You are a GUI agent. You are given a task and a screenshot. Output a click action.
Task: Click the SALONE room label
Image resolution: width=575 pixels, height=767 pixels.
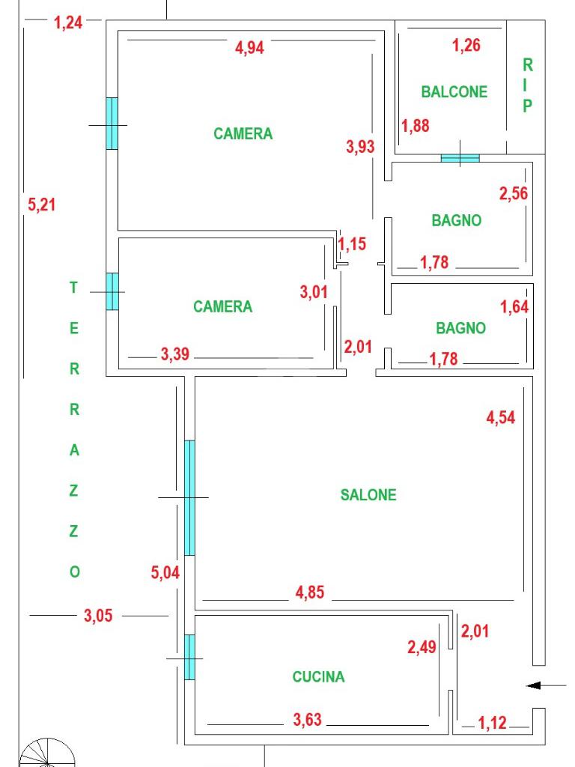[x=368, y=495]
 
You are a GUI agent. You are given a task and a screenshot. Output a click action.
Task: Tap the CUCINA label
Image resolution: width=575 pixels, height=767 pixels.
[x=318, y=677]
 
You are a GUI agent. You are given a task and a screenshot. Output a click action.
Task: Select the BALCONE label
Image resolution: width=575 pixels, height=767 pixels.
[x=454, y=92]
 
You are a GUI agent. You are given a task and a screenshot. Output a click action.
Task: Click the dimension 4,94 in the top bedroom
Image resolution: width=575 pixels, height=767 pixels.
[x=249, y=48]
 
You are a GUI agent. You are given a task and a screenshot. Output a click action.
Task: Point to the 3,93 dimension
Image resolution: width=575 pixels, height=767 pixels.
[x=360, y=148]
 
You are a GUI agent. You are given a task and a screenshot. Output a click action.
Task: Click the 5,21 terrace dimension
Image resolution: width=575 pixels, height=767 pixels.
[x=42, y=204]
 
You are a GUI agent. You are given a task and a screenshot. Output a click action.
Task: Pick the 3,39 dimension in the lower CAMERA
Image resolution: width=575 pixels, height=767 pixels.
[x=174, y=355]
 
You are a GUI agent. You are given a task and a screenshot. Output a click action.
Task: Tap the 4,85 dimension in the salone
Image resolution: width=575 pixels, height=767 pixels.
[x=309, y=592]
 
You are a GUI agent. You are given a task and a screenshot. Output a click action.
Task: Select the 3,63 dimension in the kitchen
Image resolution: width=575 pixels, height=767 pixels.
[x=307, y=721]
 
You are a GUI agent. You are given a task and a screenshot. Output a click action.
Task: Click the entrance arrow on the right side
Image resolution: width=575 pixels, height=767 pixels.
[x=546, y=685]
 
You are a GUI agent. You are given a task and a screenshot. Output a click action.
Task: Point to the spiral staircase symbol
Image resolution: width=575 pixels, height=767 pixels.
[x=46, y=752]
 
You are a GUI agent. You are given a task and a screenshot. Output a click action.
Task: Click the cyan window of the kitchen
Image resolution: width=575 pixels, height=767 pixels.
[x=189, y=658]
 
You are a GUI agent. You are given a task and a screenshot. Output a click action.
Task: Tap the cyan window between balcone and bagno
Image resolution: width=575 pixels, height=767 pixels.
[x=459, y=158]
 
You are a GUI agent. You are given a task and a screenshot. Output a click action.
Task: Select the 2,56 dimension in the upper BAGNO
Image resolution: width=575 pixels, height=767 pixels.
[x=514, y=194]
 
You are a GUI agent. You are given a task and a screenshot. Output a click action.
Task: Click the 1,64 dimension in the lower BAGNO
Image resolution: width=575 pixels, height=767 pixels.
[x=514, y=306]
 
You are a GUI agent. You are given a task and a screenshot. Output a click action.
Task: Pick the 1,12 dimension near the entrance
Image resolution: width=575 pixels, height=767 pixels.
[x=492, y=723]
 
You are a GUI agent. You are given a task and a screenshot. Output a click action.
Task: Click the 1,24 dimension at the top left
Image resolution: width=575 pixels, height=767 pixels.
[x=68, y=22]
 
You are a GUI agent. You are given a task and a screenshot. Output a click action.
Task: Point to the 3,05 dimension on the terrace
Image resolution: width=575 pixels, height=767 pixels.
[x=98, y=616]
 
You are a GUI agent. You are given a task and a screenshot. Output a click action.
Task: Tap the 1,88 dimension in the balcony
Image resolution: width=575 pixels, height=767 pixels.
[x=416, y=126]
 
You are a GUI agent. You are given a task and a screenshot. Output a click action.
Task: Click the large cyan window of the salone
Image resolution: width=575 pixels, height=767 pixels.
[x=189, y=497]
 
